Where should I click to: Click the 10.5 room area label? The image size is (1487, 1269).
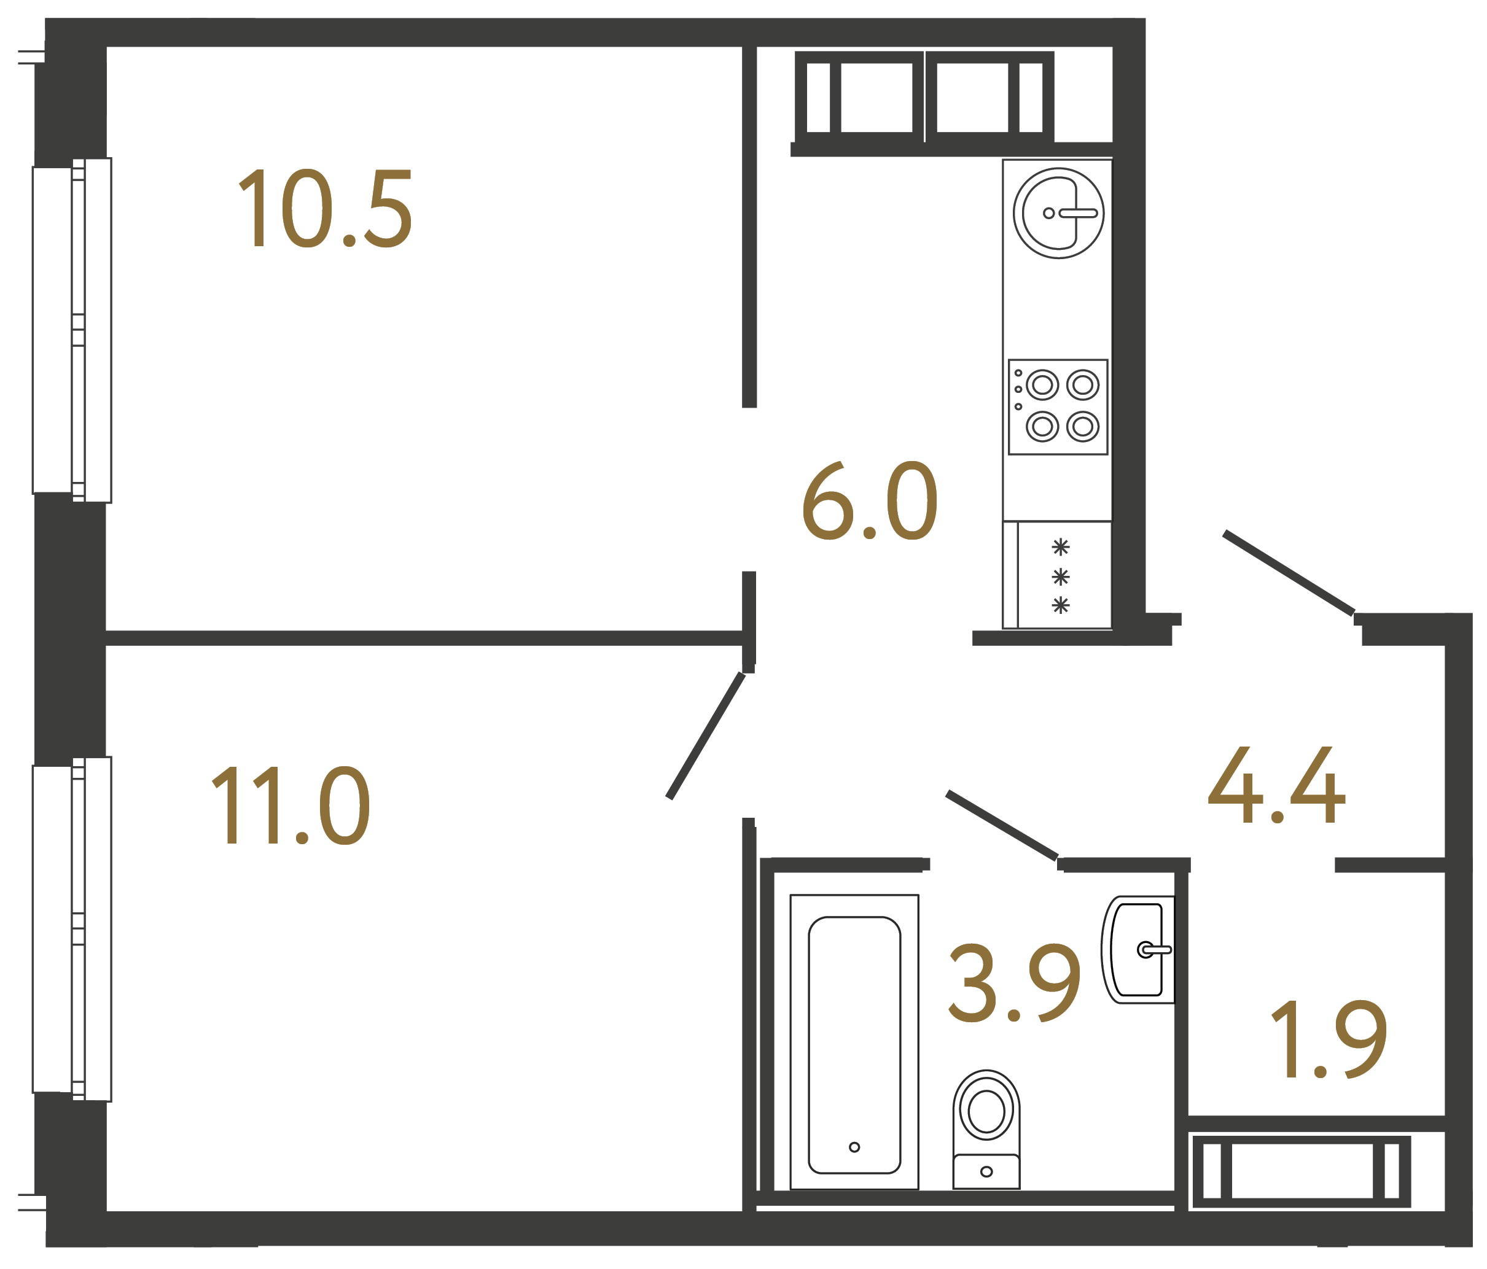tap(325, 209)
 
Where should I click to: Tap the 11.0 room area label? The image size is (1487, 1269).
tap(291, 805)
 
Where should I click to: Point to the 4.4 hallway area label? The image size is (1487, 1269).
tap(1276, 785)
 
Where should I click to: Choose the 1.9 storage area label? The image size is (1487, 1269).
tap(1329, 1039)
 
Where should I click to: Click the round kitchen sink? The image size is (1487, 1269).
tap(1058, 213)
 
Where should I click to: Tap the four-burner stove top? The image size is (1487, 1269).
tap(1058, 407)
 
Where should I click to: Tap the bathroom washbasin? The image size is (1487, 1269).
tap(1138, 950)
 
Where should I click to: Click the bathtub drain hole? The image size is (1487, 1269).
tap(854, 1147)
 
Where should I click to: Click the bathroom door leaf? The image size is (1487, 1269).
tap(1002, 825)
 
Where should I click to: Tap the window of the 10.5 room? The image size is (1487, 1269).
tap(72, 330)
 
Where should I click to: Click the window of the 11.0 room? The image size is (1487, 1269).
tap(72, 929)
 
